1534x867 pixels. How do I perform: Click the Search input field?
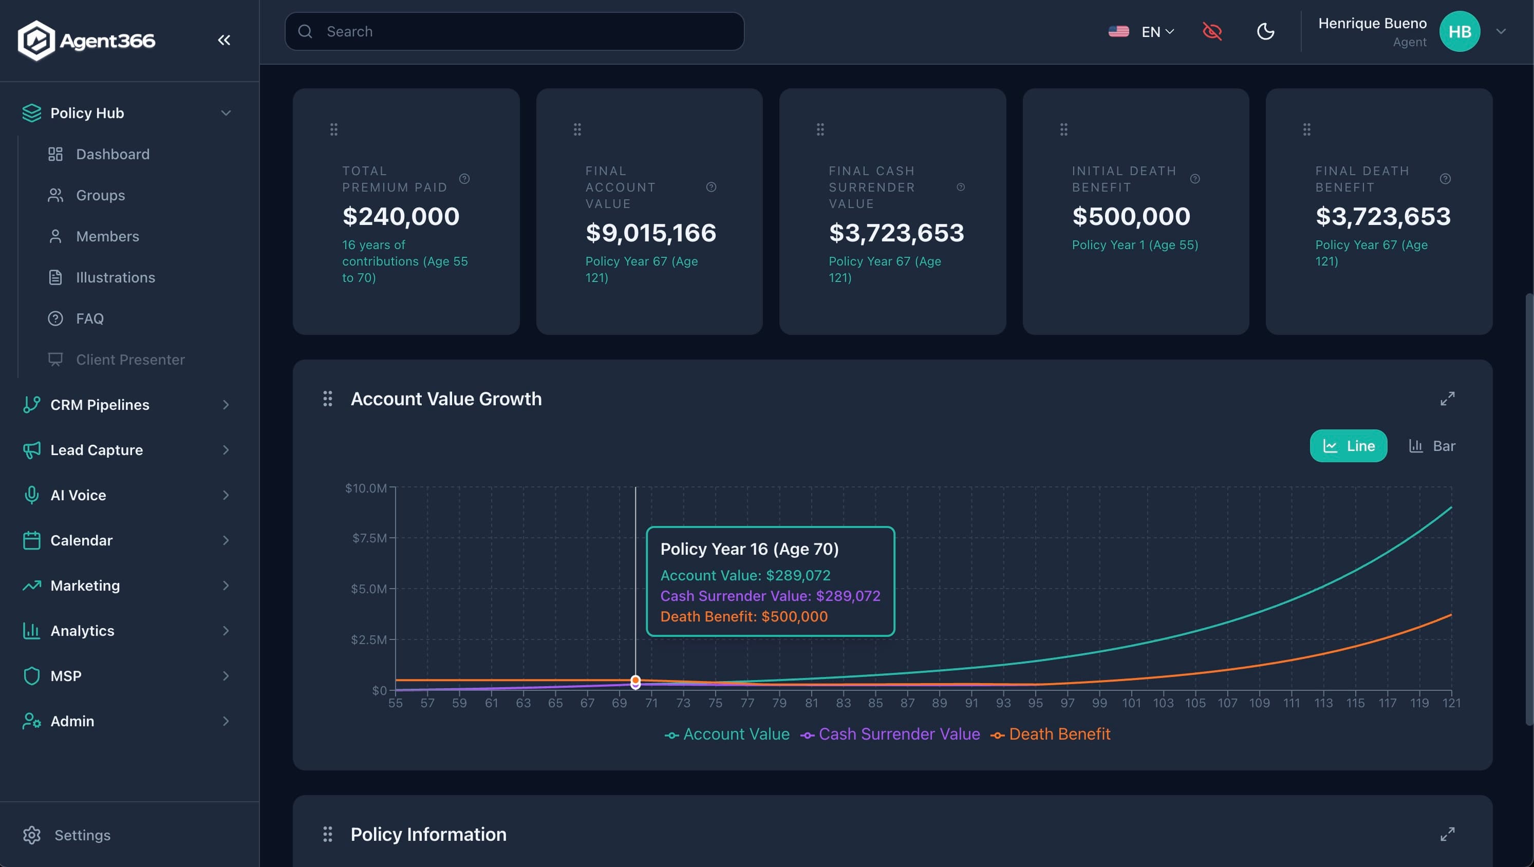[515, 31]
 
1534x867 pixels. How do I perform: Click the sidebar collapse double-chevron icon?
[224, 40]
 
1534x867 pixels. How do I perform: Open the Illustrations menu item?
[115, 277]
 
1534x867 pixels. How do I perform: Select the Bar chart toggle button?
[1432, 446]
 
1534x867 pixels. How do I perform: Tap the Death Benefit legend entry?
[1051, 734]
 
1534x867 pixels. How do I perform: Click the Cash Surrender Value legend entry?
[891, 734]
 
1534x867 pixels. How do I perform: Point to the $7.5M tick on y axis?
[369, 538]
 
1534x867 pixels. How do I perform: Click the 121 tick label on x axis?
[1451, 703]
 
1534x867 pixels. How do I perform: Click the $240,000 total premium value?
[401, 216]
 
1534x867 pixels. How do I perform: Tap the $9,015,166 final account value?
[650, 233]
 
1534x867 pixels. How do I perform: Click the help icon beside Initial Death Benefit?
[1194, 179]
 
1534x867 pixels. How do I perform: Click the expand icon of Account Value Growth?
[1447, 399]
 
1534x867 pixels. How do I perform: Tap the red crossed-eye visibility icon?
[1212, 31]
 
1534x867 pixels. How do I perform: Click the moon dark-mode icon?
[1265, 31]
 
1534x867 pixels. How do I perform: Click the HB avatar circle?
[1459, 31]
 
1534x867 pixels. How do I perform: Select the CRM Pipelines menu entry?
[100, 405]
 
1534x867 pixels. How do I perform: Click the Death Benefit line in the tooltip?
[744, 616]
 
